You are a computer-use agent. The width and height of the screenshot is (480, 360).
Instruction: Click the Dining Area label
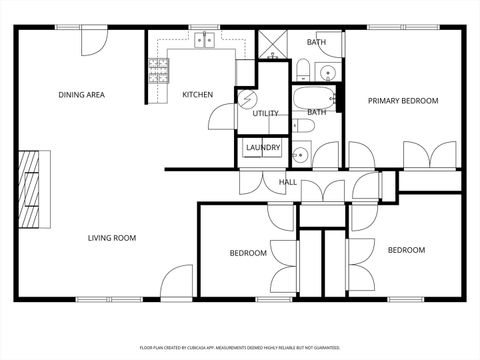(82, 95)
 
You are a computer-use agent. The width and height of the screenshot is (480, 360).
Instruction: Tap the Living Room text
(112, 237)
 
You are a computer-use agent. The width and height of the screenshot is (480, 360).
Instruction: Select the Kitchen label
(197, 95)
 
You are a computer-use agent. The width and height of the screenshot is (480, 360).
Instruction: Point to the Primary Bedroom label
(403, 100)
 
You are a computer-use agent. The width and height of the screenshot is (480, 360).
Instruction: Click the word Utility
(265, 113)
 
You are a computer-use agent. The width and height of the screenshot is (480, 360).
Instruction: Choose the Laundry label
(263, 148)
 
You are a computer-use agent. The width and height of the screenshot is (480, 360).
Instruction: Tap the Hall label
(288, 182)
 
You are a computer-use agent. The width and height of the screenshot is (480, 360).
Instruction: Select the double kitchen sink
(205, 41)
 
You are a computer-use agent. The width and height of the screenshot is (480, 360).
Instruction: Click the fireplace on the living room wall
(32, 190)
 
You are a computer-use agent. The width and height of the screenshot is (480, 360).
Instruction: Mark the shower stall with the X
(271, 45)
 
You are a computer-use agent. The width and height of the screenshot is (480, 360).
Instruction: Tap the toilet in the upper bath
(303, 68)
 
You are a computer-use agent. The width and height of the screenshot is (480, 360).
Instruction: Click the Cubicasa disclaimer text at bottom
(240, 348)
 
